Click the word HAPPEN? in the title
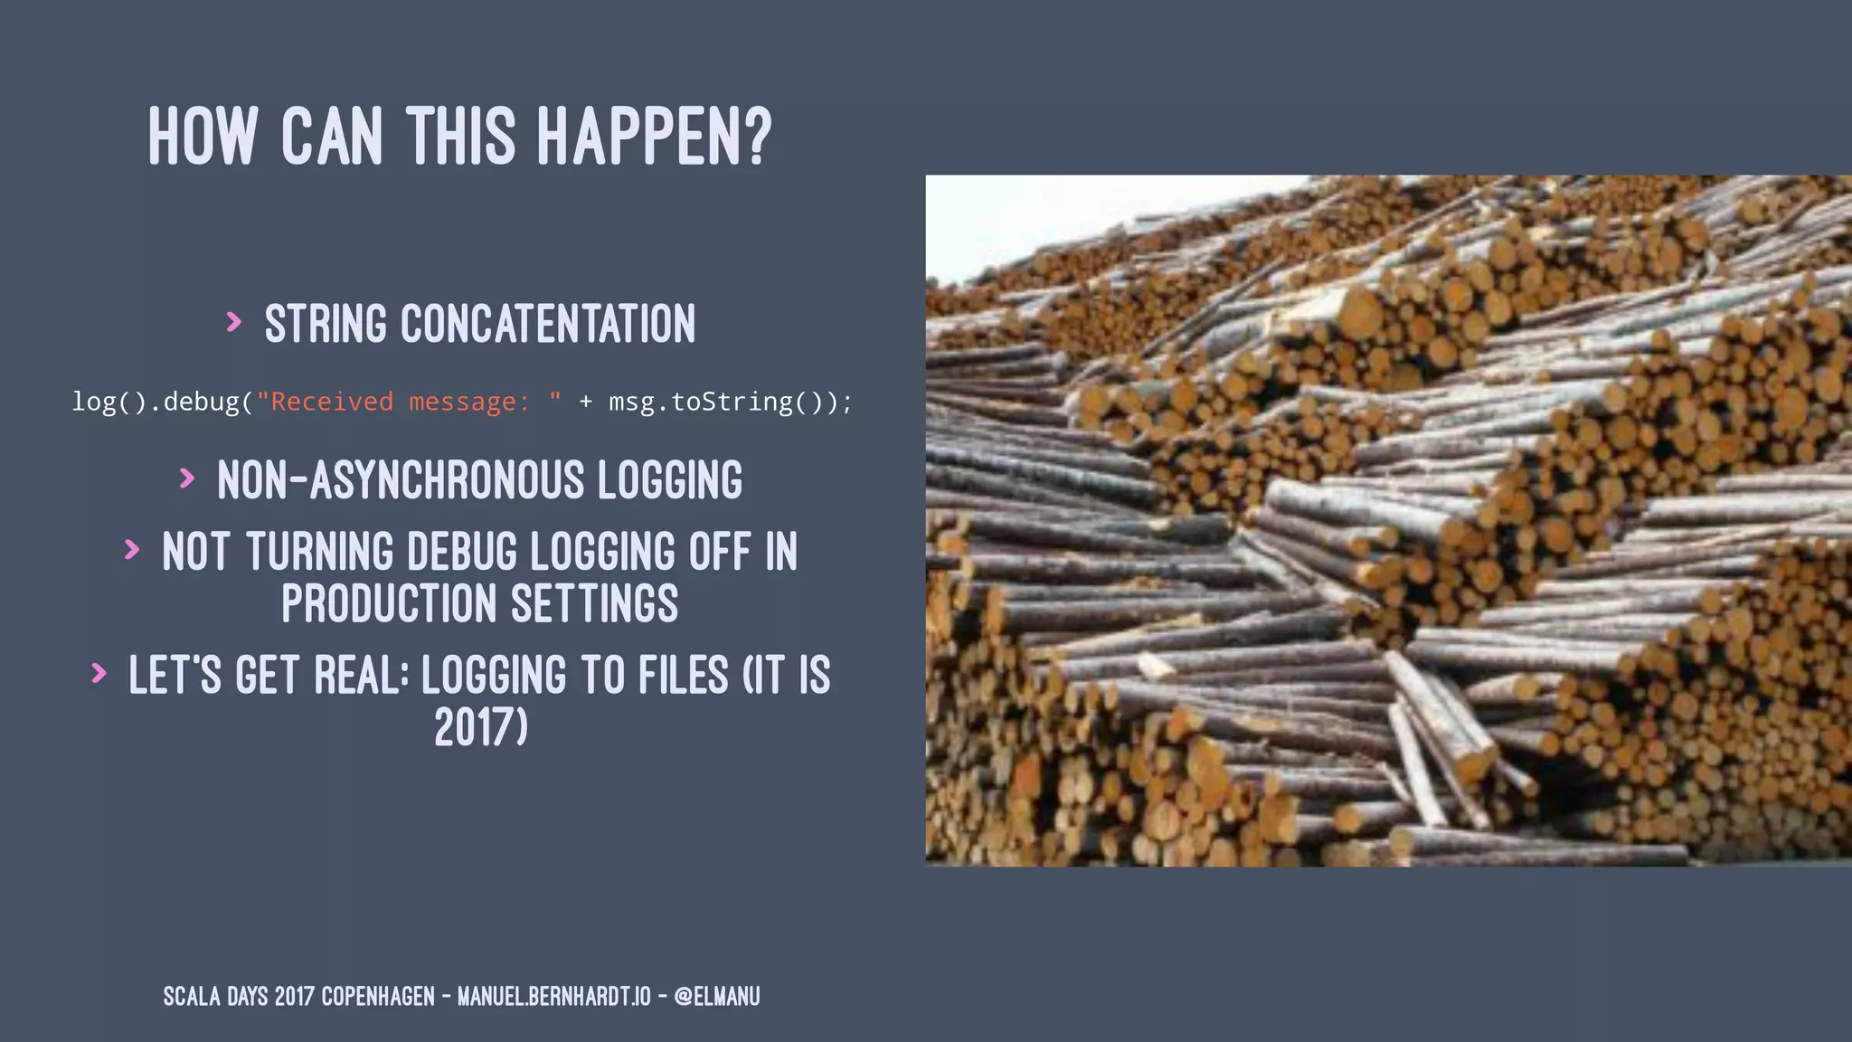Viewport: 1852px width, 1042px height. (x=654, y=137)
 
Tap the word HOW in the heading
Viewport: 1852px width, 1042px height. (x=203, y=137)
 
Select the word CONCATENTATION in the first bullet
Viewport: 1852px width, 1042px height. (x=548, y=324)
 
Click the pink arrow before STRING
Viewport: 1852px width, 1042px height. (x=234, y=322)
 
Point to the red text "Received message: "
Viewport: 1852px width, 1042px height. (x=409, y=402)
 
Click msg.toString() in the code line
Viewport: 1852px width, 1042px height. (x=722, y=402)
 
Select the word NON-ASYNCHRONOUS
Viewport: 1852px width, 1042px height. (x=401, y=480)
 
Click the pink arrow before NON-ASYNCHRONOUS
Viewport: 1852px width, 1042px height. (x=187, y=478)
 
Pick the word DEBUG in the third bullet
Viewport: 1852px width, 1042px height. (x=462, y=552)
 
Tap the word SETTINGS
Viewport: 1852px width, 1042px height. (x=594, y=604)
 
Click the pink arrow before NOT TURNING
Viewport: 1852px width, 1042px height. (x=132, y=549)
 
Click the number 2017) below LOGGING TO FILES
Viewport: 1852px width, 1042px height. (x=480, y=727)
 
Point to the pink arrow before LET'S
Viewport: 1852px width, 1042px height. (x=99, y=673)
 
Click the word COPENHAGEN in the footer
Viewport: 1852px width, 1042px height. (x=378, y=997)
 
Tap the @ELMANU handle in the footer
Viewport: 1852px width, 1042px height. (x=717, y=997)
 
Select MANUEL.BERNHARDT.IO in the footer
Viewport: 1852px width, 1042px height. (x=553, y=997)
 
